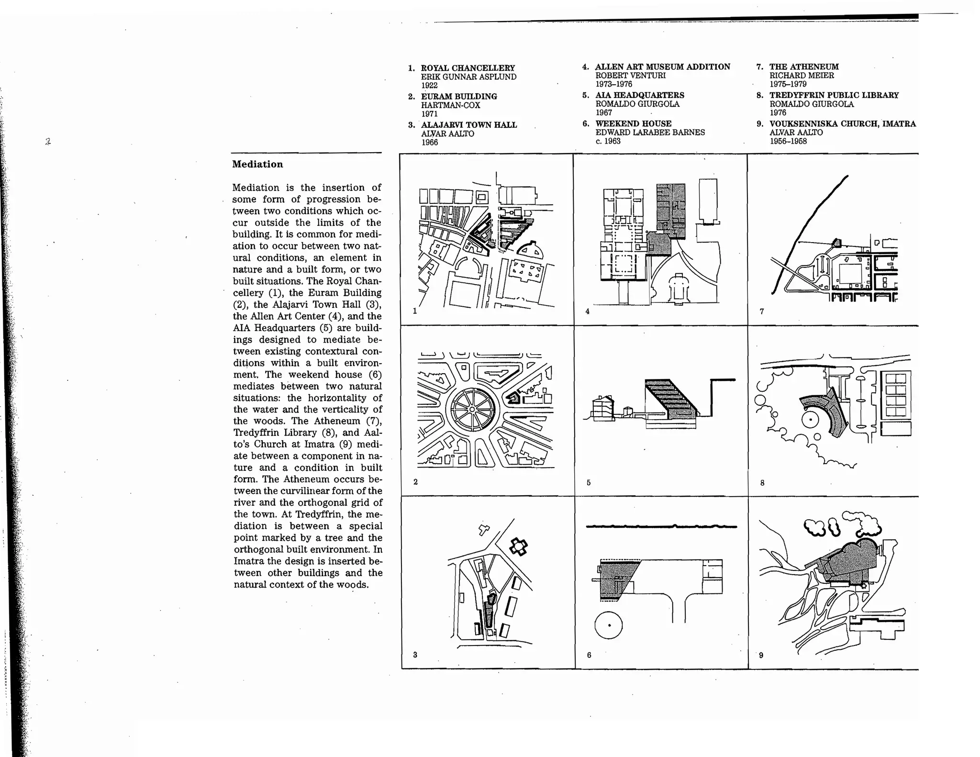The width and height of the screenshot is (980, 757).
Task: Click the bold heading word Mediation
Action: click(x=257, y=164)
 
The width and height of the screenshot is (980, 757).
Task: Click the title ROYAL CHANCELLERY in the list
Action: click(x=468, y=68)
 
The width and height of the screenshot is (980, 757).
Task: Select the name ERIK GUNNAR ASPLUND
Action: click(x=468, y=77)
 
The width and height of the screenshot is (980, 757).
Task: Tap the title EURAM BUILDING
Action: click(x=458, y=96)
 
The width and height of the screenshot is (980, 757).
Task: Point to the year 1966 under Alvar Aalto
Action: click(x=429, y=142)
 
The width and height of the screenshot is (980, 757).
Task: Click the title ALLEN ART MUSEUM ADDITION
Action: click(x=662, y=67)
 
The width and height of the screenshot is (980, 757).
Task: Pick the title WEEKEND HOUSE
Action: click(x=633, y=123)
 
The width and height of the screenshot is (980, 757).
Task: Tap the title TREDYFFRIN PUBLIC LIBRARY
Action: click(x=834, y=95)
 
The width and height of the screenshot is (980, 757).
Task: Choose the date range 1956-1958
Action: click(x=788, y=141)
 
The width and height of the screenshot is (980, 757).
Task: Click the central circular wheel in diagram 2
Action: click(x=472, y=410)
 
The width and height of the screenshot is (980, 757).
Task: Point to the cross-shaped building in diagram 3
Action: click(x=518, y=546)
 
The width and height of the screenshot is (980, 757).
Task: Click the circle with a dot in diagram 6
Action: click(x=609, y=625)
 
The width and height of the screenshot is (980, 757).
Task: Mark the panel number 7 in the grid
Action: click(x=762, y=312)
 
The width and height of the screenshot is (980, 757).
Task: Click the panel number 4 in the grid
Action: click(x=588, y=312)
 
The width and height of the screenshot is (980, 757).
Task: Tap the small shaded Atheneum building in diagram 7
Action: click(x=837, y=243)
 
